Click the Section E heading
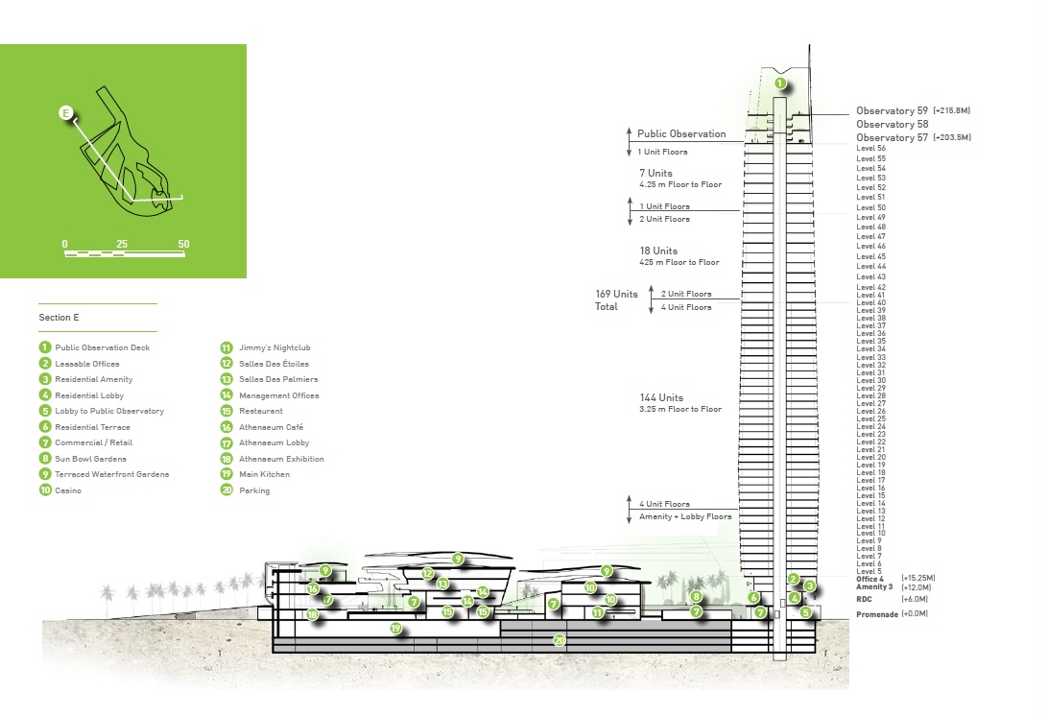point(59,318)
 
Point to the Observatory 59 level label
point(892,111)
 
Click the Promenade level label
point(877,614)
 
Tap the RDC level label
point(864,600)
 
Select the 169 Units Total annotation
point(616,300)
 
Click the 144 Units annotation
point(661,397)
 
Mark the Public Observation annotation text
point(681,133)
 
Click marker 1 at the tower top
point(780,84)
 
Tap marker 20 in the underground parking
point(560,640)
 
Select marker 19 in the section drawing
point(395,629)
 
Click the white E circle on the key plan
point(66,113)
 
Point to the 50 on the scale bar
point(184,244)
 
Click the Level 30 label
point(870,380)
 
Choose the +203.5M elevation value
point(952,137)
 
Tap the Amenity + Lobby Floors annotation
point(685,516)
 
